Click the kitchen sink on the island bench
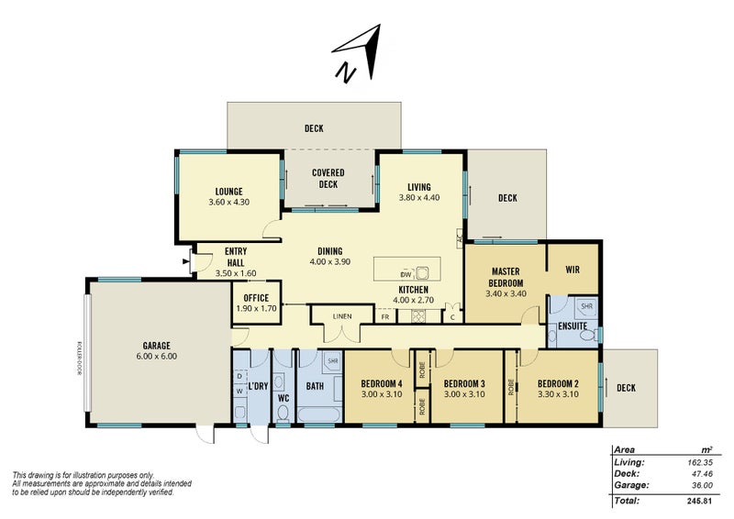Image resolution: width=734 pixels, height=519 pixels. pyautogui.click(x=423, y=273)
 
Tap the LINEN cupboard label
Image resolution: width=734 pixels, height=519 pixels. pyautogui.click(x=341, y=316)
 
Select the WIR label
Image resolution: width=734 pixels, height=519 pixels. pyautogui.click(x=573, y=270)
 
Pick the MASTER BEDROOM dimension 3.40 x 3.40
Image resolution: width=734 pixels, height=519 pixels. pyautogui.click(x=506, y=293)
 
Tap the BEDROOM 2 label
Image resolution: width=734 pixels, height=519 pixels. pyautogui.click(x=557, y=383)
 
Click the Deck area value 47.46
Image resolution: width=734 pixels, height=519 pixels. pyautogui.click(x=699, y=473)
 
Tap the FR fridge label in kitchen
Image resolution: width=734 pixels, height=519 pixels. pyautogui.click(x=385, y=316)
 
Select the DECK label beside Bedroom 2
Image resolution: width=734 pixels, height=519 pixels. pyautogui.click(x=626, y=387)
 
